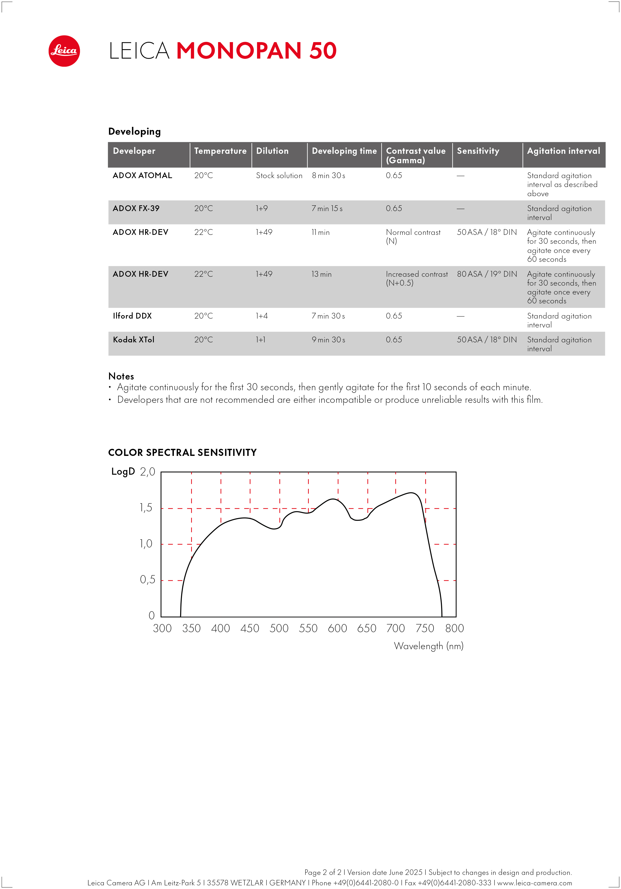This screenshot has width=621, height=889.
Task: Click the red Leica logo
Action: (x=64, y=51)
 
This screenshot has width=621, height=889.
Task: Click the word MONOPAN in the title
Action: (x=238, y=51)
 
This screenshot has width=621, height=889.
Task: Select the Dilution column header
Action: (x=272, y=151)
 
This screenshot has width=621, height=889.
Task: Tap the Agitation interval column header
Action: (x=563, y=151)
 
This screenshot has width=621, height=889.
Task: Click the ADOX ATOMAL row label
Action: (x=142, y=175)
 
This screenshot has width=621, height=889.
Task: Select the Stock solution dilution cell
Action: (x=279, y=176)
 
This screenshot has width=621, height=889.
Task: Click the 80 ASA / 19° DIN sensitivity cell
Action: (x=487, y=274)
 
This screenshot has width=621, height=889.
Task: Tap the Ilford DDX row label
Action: (x=132, y=316)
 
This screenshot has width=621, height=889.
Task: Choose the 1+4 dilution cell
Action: (x=262, y=316)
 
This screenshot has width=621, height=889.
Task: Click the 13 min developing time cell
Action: (x=321, y=274)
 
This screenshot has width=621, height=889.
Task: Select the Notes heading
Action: (x=121, y=376)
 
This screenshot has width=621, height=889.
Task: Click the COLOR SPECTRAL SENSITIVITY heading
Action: (x=182, y=452)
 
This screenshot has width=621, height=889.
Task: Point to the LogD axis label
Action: (x=123, y=472)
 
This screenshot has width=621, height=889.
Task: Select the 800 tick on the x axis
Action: (x=454, y=628)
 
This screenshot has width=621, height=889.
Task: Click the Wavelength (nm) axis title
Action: (x=429, y=646)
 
